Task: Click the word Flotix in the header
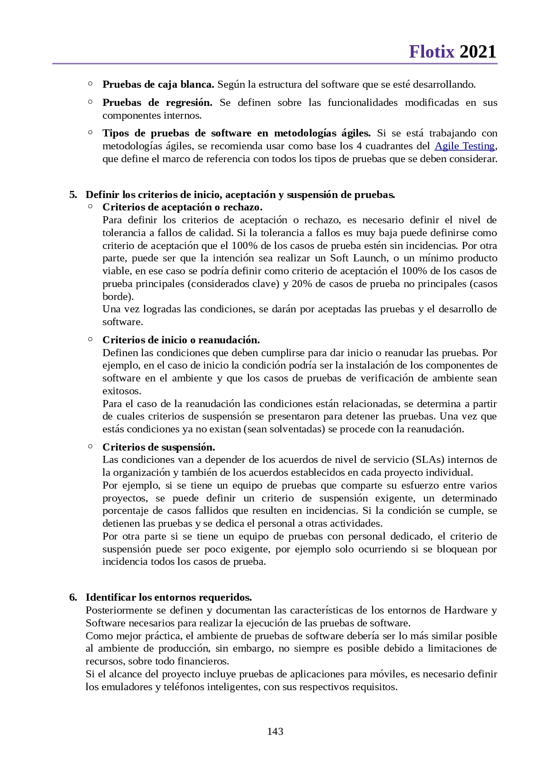(x=432, y=52)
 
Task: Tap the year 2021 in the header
(x=478, y=52)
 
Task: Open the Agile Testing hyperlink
(x=464, y=146)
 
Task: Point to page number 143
(x=275, y=731)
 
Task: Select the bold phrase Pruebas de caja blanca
(x=158, y=84)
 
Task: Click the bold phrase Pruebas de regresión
(x=157, y=102)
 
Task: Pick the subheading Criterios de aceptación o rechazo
(x=182, y=207)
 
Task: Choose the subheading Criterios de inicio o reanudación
(x=181, y=340)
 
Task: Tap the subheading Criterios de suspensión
(x=159, y=447)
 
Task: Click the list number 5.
(x=73, y=194)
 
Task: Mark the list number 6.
(x=73, y=597)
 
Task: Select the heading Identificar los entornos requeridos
(x=169, y=597)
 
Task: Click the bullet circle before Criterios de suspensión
(x=90, y=446)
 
